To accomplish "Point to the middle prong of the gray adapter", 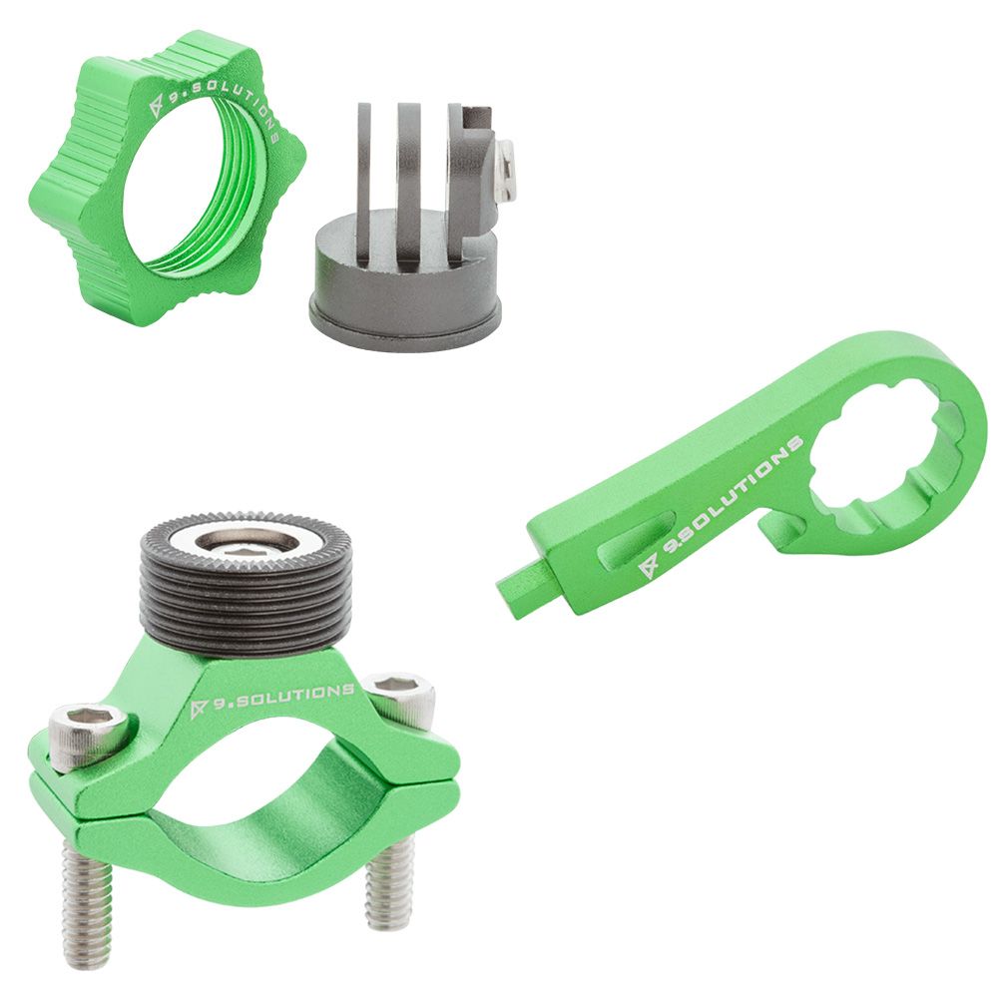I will [410, 180].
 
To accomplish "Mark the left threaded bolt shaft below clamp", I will [85, 903].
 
